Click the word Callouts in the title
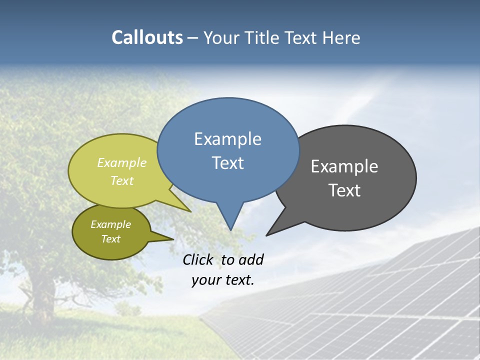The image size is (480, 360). (147, 37)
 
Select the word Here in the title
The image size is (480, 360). (341, 38)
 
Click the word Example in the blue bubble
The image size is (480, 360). (227, 139)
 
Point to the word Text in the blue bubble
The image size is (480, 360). (227, 163)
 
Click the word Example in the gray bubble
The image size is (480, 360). (344, 166)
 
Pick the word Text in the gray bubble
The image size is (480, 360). (344, 190)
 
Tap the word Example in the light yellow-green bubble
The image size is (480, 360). (122, 162)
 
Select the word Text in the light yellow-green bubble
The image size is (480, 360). (122, 180)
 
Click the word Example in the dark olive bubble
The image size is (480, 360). (110, 224)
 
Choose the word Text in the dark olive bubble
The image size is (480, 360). (110, 239)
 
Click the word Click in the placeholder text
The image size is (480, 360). (198, 259)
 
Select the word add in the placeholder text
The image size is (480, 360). (251, 259)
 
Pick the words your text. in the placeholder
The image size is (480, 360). (222, 280)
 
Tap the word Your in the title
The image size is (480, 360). (222, 38)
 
